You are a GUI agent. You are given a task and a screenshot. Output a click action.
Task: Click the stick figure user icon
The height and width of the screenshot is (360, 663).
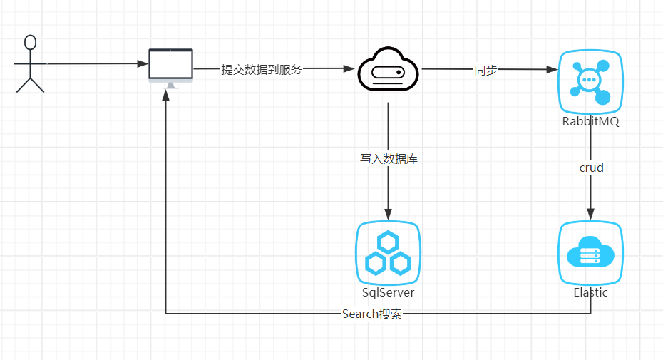(30, 63)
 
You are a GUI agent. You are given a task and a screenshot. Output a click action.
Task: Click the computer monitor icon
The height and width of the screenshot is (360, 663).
(170, 66)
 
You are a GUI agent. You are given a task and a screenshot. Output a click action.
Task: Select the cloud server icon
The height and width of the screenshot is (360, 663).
(388, 69)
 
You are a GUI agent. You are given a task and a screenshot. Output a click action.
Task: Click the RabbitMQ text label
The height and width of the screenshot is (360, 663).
(590, 122)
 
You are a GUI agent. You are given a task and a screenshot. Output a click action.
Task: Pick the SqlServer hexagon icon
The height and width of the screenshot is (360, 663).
(388, 253)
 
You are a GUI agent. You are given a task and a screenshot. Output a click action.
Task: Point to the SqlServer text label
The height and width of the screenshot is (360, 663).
(388, 292)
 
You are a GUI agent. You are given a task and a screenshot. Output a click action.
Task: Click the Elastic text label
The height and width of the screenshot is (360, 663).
(590, 292)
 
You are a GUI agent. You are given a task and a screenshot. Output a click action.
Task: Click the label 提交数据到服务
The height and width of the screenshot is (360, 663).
(261, 70)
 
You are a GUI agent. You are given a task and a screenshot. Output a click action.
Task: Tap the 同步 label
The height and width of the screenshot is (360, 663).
(485, 70)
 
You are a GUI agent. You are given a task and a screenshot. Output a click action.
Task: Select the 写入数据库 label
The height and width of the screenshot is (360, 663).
(389, 159)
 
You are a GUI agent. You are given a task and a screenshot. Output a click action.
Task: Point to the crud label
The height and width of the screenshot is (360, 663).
(591, 168)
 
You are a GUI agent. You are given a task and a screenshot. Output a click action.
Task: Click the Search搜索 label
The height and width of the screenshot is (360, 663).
(371, 314)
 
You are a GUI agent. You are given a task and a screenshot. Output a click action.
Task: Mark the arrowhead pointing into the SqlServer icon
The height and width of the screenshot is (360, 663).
(389, 215)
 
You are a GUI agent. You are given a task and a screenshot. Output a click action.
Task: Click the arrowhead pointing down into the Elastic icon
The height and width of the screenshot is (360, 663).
(590, 215)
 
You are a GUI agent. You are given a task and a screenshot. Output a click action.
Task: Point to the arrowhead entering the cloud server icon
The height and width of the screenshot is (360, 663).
(349, 69)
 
